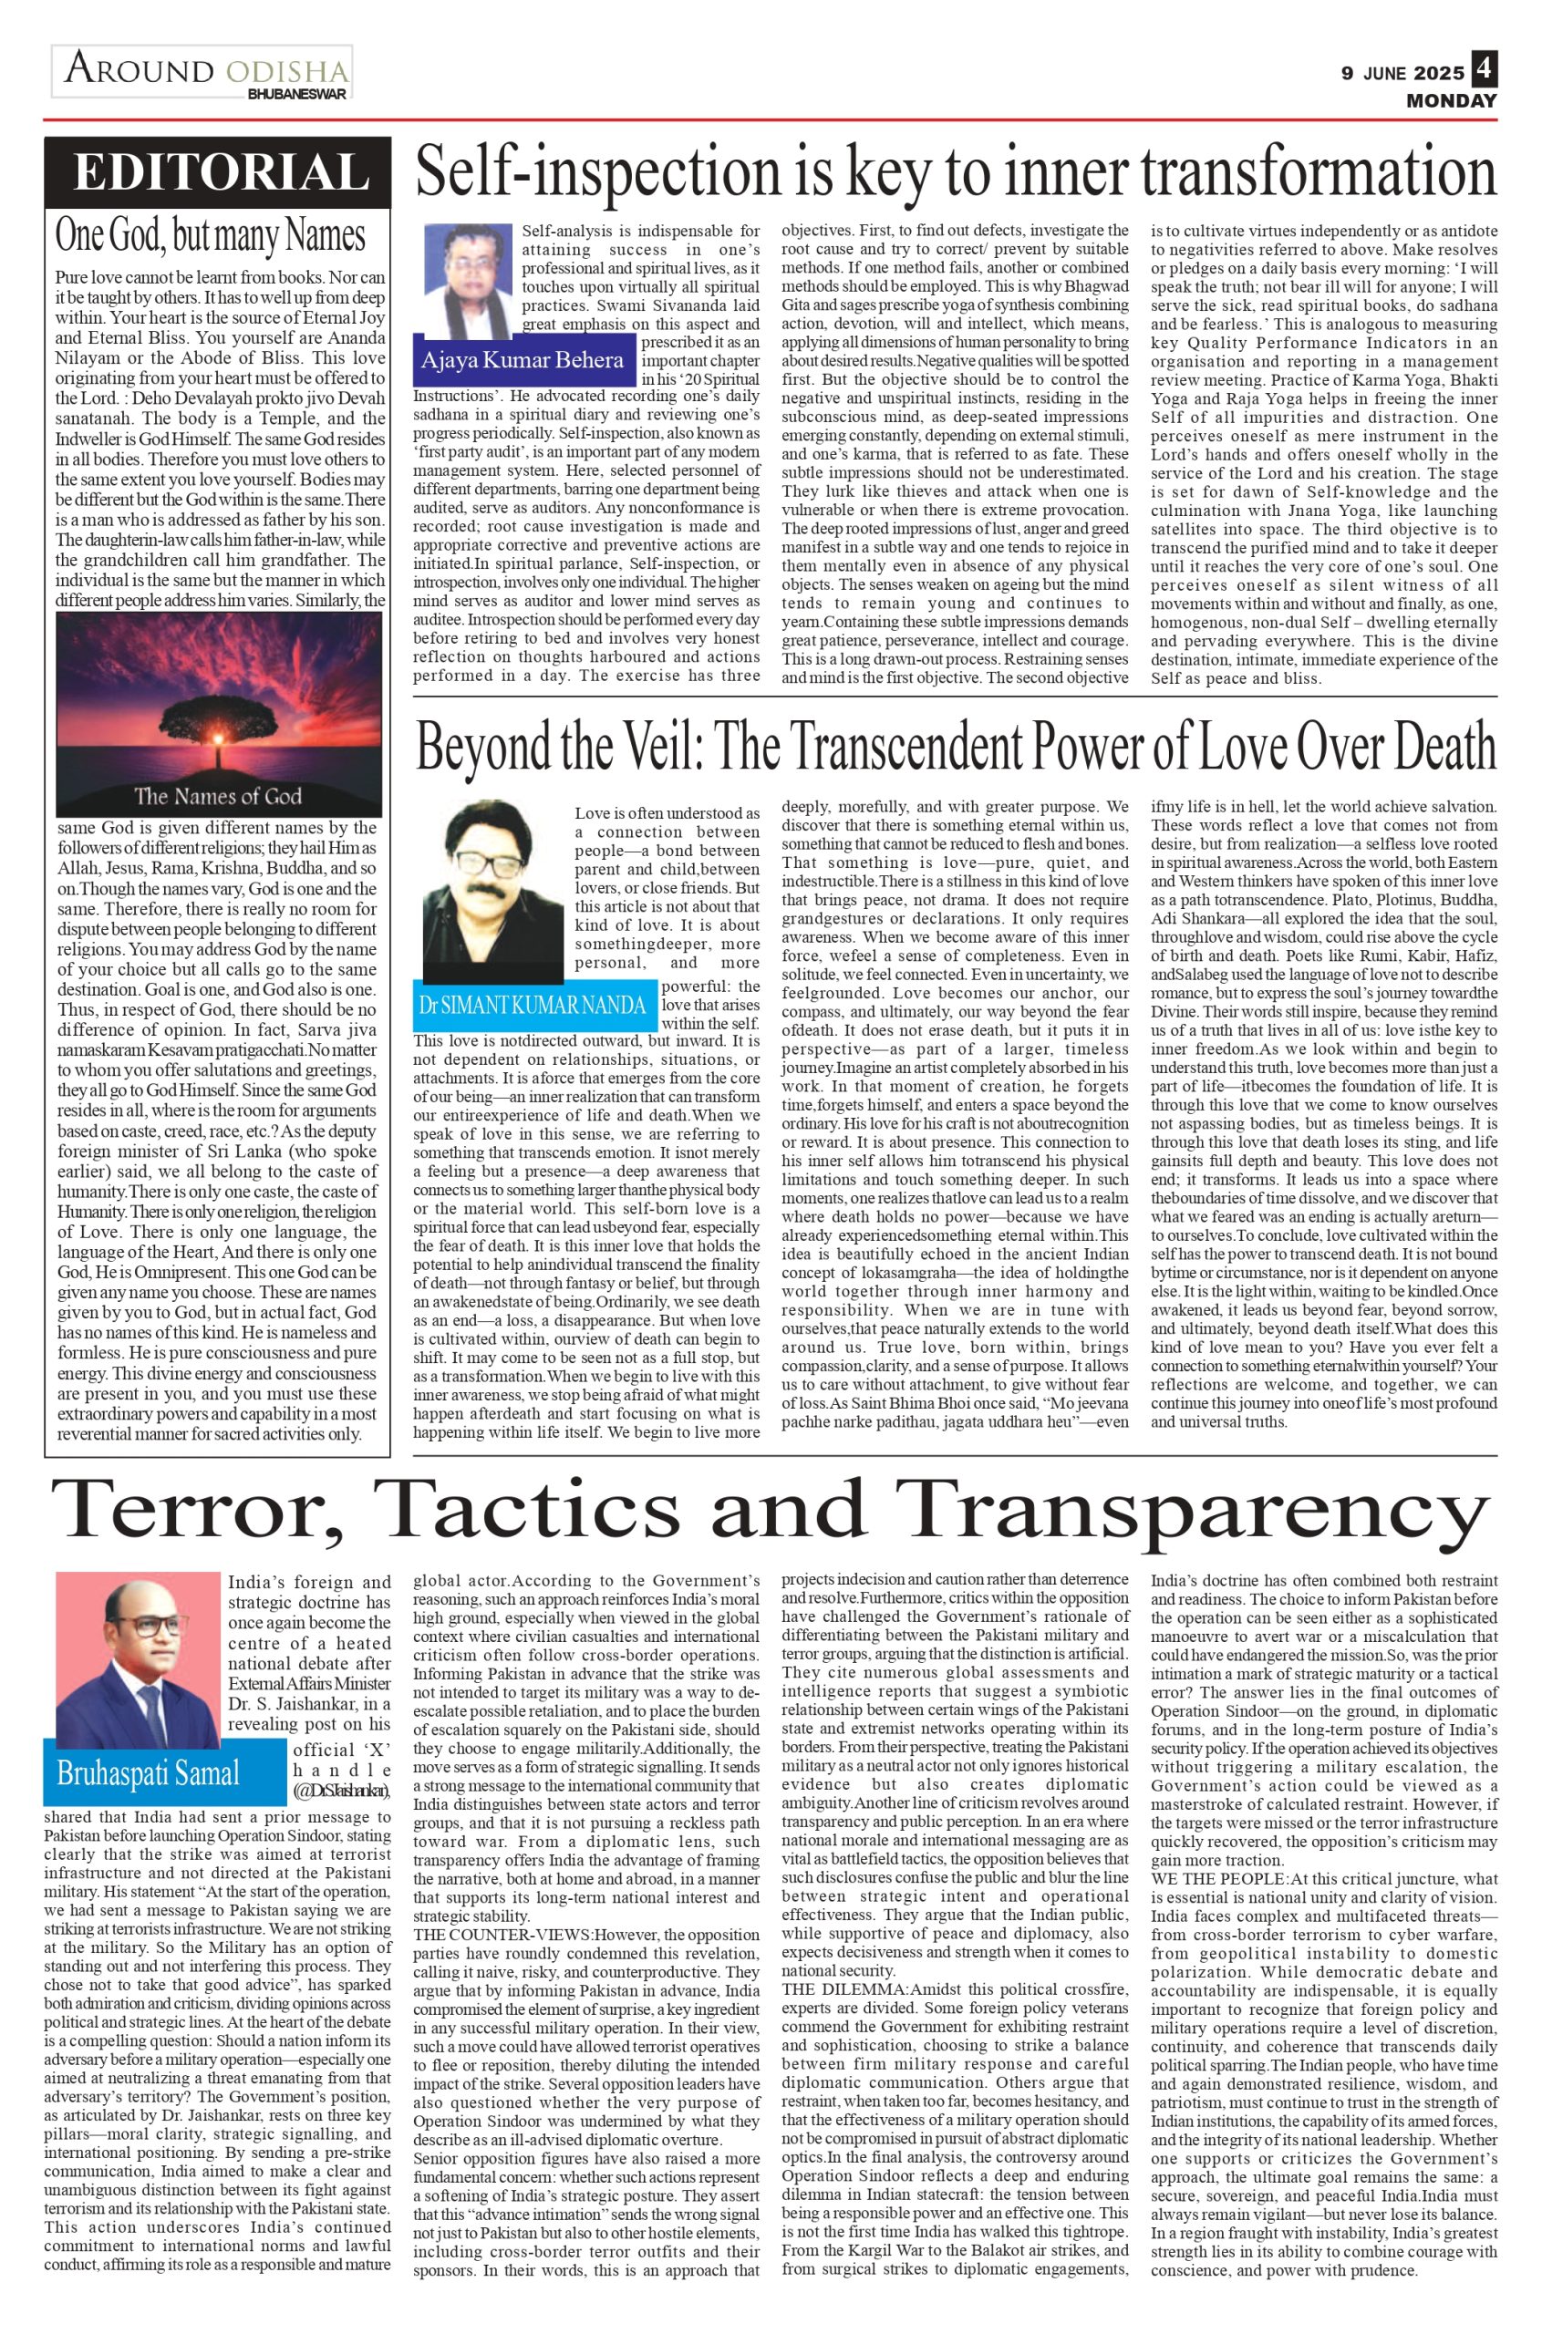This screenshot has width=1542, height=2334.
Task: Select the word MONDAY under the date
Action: tap(1451, 100)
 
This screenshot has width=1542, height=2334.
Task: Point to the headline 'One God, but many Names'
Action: tap(210, 236)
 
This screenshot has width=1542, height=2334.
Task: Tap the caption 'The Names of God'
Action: tap(217, 795)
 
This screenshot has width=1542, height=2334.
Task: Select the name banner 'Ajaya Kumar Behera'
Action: tap(522, 360)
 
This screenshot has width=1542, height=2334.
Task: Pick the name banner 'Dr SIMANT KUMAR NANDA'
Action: tap(533, 1005)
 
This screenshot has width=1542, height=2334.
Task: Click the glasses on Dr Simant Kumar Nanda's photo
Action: tap(486, 865)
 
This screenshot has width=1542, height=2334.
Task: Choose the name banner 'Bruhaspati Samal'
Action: tap(148, 1772)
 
